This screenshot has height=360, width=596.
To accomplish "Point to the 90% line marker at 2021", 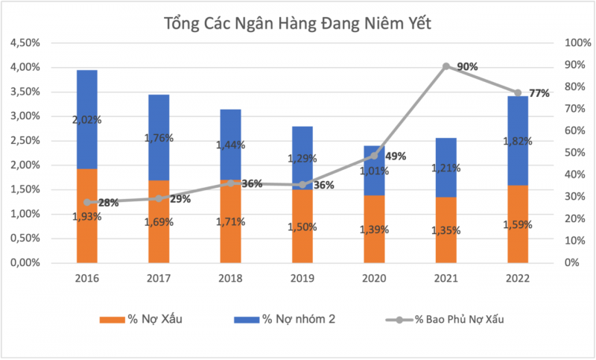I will (x=446, y=66).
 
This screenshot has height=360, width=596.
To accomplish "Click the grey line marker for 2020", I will (x=374, y=156).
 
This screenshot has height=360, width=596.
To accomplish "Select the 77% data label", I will (x=539, y=93).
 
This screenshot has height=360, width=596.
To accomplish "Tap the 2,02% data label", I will (x=87, y=119).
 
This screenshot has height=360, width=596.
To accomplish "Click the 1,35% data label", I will (x=446, y=230).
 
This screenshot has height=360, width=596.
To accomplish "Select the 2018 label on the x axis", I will (x=230, y=279).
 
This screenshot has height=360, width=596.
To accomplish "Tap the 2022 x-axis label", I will (x=518, y=279).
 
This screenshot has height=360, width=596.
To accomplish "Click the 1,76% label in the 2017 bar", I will (x=159, y=137).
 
